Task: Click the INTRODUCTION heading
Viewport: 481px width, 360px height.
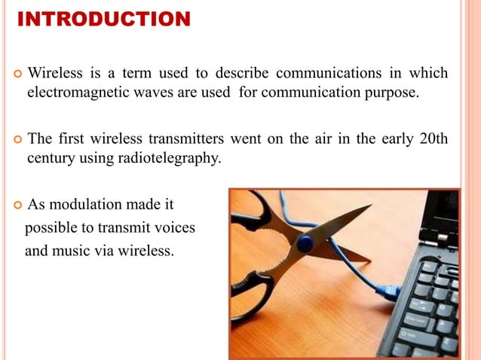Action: coord(103,19)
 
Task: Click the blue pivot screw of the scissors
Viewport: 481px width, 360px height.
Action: coord(305,243)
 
